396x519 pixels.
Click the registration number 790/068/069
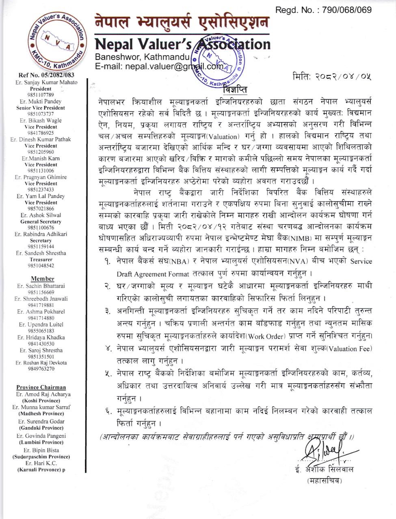(347, 10)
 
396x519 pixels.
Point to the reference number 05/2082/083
(46, 75)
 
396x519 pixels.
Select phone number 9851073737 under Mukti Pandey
(41, 114)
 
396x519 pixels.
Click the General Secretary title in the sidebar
(41, 222)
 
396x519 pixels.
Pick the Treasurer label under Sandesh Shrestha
(41, 259)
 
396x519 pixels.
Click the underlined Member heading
(42, 279)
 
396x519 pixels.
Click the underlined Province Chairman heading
(41, 388)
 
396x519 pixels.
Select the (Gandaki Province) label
(41, 428)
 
